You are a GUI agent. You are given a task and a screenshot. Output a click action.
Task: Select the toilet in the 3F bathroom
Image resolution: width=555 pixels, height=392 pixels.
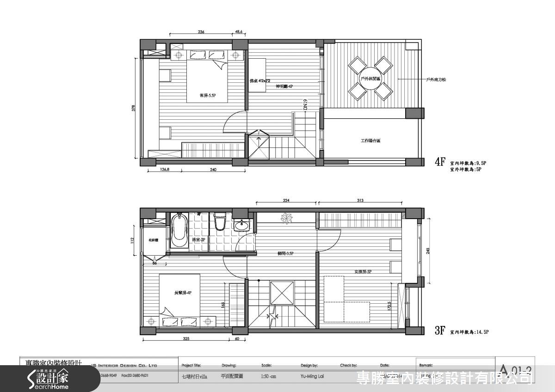click(219, 221)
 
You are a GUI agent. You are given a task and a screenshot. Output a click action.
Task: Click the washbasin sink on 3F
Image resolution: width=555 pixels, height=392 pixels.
click(240, 226)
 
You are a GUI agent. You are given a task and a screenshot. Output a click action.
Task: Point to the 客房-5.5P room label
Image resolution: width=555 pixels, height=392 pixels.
click(208, 96)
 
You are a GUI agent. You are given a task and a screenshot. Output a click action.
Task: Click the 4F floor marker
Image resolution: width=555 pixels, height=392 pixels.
click(440, 162)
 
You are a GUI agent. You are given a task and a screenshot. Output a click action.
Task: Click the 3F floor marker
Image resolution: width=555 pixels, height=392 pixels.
click(440, 331)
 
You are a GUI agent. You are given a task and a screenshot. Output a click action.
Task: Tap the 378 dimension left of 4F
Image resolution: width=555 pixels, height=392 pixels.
click(134, 109)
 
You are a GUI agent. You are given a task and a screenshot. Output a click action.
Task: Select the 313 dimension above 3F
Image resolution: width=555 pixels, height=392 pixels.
click(360, 201)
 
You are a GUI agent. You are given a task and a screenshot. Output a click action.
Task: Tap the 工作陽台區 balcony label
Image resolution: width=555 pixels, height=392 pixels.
click(370, 141)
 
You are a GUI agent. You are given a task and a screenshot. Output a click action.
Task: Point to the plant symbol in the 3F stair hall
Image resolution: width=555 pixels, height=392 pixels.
click(284, 217)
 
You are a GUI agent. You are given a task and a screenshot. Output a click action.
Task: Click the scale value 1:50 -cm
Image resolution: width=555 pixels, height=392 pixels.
click(269, 376)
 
